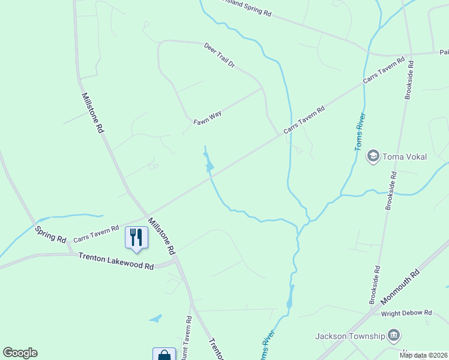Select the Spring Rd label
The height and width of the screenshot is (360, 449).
(x=50, y=234)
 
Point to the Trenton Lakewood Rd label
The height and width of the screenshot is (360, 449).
(x=116, y=261)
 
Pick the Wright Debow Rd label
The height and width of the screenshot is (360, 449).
(x=406, y=313)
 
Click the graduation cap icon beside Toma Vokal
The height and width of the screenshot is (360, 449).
(x=373, y=157)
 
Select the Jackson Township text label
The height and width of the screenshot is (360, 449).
(x=350, y=335)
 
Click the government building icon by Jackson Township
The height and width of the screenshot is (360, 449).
(x=394, y=335)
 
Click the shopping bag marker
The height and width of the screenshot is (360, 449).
(x=164, y=355)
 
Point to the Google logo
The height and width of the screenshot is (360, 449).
(x=20, y=353)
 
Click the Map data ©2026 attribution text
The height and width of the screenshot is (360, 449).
(x=423, y=355)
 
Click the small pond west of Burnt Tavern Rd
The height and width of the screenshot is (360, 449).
(x=156, y=318)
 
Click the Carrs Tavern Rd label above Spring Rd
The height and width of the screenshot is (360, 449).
(x=96, y=234)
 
